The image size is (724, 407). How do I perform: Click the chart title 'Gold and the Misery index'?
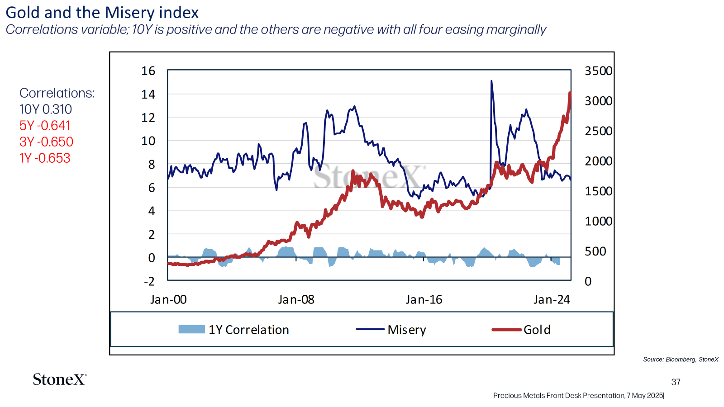click(x=102, y=13)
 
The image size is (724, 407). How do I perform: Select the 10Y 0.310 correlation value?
click(x=46, y=109)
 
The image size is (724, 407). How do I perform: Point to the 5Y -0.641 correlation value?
click(x=45, y=126)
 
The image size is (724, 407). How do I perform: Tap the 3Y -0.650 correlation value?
click(x=47, y=142)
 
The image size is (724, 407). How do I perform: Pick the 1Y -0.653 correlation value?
click(x=45, y=158)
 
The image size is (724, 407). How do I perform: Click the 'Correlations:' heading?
click(x=57, y=93)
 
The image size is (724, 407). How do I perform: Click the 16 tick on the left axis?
click(x=148, y=71)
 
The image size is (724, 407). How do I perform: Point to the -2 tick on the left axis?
click(x=149, y=281)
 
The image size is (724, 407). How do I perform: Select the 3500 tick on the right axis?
click(x=599, y=71)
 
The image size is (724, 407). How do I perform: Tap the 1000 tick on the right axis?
click(x=599, y=221)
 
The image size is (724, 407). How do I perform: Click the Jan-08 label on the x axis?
click(x=296, y=300)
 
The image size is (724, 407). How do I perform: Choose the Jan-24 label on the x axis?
click(x=552, y=300)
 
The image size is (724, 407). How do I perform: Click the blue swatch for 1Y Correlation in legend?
click(x=192, y=330)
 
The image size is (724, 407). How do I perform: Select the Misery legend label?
click(x=407, y=330)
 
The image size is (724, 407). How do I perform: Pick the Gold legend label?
click(x=537, y=330)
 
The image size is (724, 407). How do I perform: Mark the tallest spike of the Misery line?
click(x=491, y=81)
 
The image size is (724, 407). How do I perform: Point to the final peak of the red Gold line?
click(x=570, y=93)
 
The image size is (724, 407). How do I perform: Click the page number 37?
click(x=676, y=382)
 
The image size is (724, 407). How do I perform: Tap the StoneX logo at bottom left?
click(x=59, y=379)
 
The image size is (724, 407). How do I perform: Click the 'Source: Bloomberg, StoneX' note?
click(x=681, y=360)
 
